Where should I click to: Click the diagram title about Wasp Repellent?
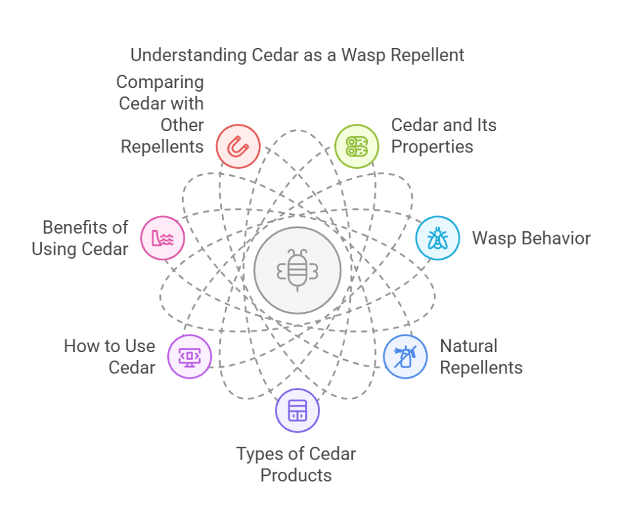(297, 55)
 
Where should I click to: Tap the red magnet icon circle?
(238, 146)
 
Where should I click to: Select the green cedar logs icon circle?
(357, 146)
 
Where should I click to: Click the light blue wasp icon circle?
(437, 238)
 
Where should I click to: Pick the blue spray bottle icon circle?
(405, 356)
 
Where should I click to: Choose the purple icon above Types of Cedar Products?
(298, 410)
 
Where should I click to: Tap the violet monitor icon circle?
(190, 356)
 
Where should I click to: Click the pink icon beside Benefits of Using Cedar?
(163, 238)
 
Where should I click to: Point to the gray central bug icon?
(298, 271)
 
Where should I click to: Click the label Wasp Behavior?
(531, 238)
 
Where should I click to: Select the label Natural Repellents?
(480, 357)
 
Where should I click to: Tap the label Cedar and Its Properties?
(443, 136)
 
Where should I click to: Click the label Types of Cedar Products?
(296, 464)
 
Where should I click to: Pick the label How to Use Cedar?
(109, 357)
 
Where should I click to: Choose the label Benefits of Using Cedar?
(80, 239)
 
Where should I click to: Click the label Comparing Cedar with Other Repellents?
(162, 114)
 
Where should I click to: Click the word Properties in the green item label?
(432, 147)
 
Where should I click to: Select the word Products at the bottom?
(296, 475)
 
